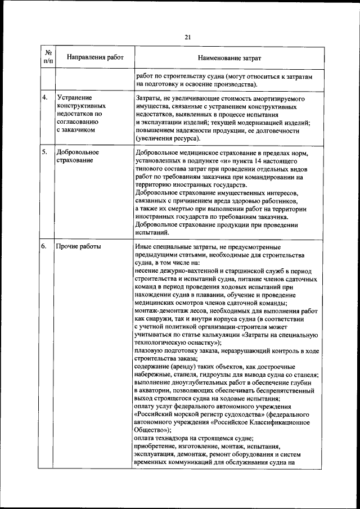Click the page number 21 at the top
pyautogui.click(x=188, y=37)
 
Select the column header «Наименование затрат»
pyautogui.click(x=229, y=58)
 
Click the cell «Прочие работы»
pyautogui.click(x=76, y=247)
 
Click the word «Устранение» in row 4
pyautogui.click(x=74, y=98)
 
